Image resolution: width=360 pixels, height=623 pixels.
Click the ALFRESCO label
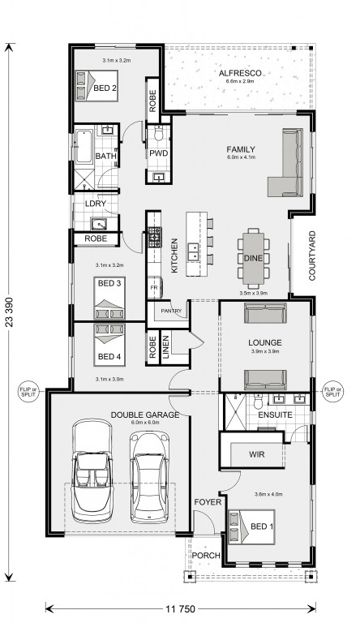coord(240,73)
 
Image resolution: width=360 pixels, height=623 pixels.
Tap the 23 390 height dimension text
coord(9,311)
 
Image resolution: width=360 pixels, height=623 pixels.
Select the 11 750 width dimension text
coord(180,608)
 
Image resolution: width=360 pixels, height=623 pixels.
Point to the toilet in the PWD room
coord(159,134)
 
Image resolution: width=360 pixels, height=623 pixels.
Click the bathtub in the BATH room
coord(84,146)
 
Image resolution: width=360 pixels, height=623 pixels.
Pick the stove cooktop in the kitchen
coord(154,237)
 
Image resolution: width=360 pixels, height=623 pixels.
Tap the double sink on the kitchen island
coord(194,251)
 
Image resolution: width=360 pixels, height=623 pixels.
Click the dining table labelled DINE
coord(253,258)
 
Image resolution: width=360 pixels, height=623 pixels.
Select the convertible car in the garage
coord(92,471)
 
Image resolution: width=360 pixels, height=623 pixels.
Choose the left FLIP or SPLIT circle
coord(28,392)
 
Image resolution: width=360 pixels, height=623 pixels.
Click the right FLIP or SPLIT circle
coord(332,392)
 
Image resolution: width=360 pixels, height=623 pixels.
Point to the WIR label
coord(257,454)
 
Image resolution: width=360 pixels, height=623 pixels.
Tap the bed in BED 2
coord(96,86)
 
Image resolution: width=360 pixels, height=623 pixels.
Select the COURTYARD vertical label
coord(312,256)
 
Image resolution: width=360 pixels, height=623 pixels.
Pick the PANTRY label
coord(171,311)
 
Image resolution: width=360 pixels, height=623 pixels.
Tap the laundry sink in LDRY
coord(99,224)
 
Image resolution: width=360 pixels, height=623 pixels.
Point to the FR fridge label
coord(154,287)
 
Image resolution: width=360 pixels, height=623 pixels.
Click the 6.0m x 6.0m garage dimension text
coord(145,423)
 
